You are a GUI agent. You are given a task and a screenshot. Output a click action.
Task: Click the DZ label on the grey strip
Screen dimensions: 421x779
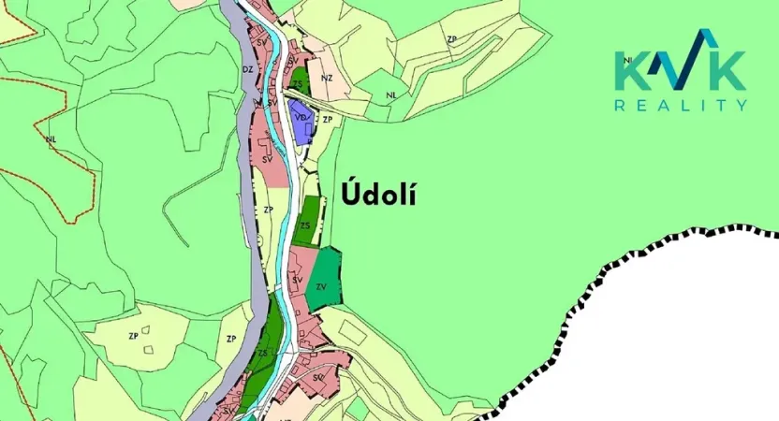click(x=248, y=69)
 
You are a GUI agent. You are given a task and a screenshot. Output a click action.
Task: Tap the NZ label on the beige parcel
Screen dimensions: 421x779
click(x=327, y=78)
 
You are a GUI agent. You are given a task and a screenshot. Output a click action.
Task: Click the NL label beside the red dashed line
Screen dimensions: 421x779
click(x=51, y=139)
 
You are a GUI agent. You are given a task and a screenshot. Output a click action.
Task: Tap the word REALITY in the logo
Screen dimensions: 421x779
click(x=681, y=106)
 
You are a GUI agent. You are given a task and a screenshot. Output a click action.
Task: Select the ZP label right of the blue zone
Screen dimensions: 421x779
click(x=327, y=121)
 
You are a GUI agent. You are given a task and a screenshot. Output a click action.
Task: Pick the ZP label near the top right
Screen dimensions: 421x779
click(x=452, y=39)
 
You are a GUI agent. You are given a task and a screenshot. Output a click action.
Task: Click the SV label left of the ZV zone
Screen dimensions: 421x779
click(x=297, y=280)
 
